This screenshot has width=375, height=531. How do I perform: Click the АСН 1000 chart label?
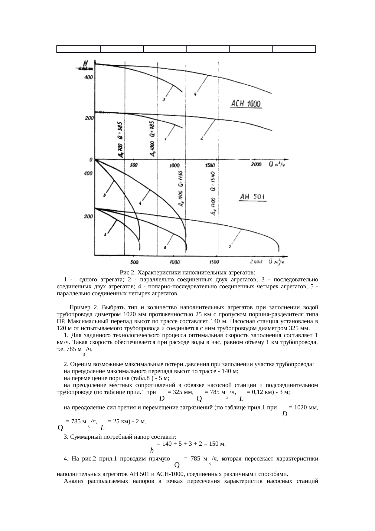pos(245,104)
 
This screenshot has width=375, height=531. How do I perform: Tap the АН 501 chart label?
pos(252,198)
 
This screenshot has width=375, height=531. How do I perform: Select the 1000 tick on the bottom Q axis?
pos(174,261)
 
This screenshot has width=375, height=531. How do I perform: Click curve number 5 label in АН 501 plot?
pos(230,247)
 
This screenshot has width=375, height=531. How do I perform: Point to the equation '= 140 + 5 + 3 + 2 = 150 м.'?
pos(191,444)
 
